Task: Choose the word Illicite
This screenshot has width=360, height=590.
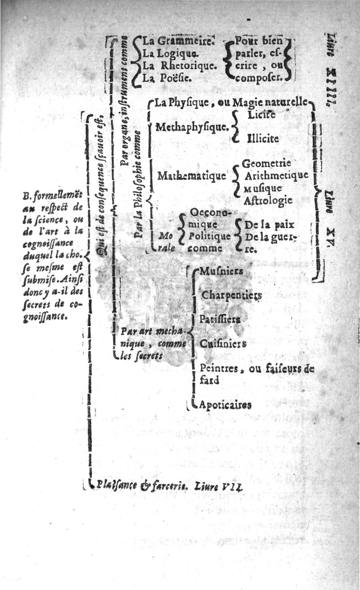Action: tap(263, 139)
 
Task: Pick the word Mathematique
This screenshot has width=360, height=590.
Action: tap(191, 176)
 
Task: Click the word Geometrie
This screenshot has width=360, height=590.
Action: tap(266, 163)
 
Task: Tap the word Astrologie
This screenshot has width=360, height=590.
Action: tap(268, 200)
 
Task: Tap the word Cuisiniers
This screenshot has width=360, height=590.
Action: tap(223, 344)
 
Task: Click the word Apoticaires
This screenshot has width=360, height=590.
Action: tap(225, 405)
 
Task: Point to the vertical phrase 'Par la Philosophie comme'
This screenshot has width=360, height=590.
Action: tap(139, 185)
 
